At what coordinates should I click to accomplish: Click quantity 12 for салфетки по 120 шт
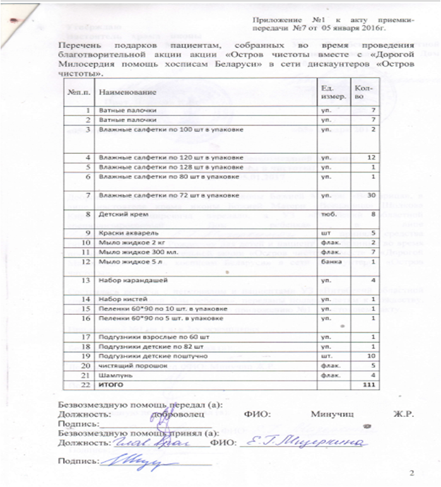(x=372, y=156)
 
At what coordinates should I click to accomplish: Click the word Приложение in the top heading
(x=275, y=20)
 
